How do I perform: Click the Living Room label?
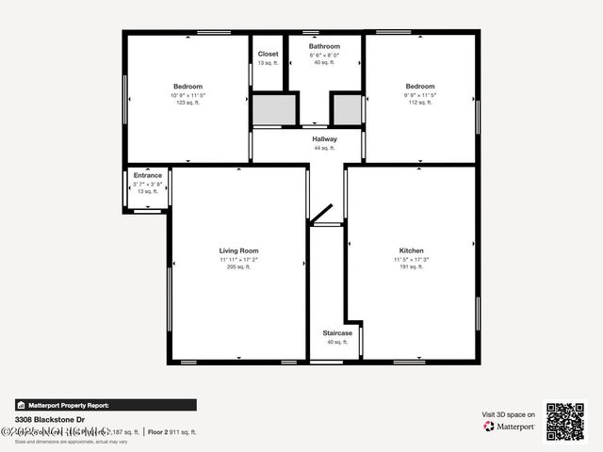click(238, 250)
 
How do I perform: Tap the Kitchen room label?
click(411, 250)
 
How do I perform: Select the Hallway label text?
click(324, 139)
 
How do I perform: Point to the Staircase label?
click(337, 333)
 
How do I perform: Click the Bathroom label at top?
click(324, 45)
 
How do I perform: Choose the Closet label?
click(268, 54)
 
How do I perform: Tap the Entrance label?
click(147, 175)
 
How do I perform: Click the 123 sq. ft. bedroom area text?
click(187, 103)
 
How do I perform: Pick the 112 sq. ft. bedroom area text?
click(420, 103)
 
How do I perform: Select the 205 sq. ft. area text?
click(238, 267)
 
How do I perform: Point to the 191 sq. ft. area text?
click(411, 267)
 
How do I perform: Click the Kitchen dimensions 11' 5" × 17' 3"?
click(411, 259)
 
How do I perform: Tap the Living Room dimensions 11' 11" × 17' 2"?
click(238, 259)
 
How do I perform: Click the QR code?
click(565, 421)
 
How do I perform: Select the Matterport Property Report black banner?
click(106, 405)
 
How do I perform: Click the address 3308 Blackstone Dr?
click(50, 419)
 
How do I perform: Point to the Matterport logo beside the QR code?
click(510, 426)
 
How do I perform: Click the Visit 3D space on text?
click(509, 414)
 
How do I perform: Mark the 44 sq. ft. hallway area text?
click(324, 148)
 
